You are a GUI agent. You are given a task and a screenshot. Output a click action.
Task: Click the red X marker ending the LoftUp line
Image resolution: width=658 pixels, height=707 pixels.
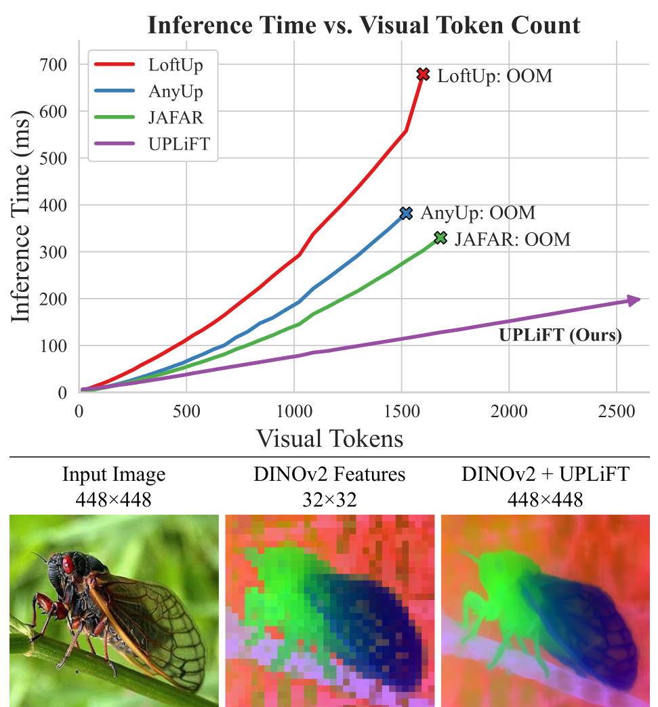tap(424, 74)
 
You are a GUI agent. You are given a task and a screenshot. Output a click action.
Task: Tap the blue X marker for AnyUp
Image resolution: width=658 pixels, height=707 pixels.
tap(406, 213)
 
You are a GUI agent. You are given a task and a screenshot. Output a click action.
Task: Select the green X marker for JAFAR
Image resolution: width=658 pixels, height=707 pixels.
tap(440, 238)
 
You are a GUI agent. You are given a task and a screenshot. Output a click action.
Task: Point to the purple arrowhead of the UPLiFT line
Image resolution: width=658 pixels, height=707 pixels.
tap(634, 300)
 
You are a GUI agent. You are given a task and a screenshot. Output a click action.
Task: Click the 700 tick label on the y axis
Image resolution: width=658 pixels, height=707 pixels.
tap(54, 65)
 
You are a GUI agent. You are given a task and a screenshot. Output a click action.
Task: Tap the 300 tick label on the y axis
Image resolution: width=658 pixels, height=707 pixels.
tap(54, 252)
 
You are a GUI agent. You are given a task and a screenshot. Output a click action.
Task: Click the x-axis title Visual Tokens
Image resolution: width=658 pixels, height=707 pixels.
tap(329, 439)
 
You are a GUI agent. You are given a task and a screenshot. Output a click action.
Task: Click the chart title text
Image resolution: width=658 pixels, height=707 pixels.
tap(364, 26)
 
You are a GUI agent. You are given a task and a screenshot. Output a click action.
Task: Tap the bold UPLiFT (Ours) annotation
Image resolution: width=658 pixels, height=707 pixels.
tap(560, 335)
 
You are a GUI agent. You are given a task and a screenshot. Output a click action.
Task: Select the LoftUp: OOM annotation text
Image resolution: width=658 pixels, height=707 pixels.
tap(494, 76)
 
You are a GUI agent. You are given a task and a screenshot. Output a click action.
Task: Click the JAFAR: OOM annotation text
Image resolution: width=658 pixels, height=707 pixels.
tap(512, 239)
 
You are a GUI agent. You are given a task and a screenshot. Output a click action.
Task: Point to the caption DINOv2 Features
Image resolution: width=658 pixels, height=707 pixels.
tap(329, 475)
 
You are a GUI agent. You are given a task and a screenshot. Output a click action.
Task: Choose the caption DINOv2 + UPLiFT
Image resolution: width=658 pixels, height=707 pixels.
tap(546, 475)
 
